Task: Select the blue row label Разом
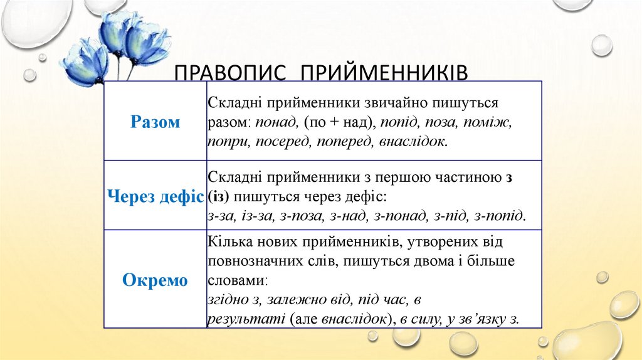click(155, 122)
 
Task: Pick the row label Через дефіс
click(155, 196)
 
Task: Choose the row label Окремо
click(155, 280)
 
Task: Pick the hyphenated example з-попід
click(500, 216)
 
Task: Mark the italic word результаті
click(246, 318)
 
